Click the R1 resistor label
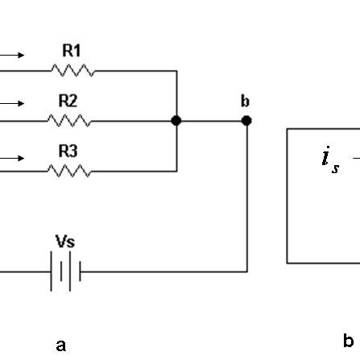click(72, 51)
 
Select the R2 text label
click(68, 101)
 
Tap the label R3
click(68, 151)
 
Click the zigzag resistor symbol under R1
click(72, 71)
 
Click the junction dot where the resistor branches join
click(176, 121)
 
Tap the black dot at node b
click(246, 121)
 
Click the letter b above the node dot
click(245, 101)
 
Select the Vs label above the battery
click(65, 242)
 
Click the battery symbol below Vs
click(65, 272)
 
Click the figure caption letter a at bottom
click(60, 346)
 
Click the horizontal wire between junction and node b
click(211, 121)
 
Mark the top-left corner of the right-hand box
click(288, 130)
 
